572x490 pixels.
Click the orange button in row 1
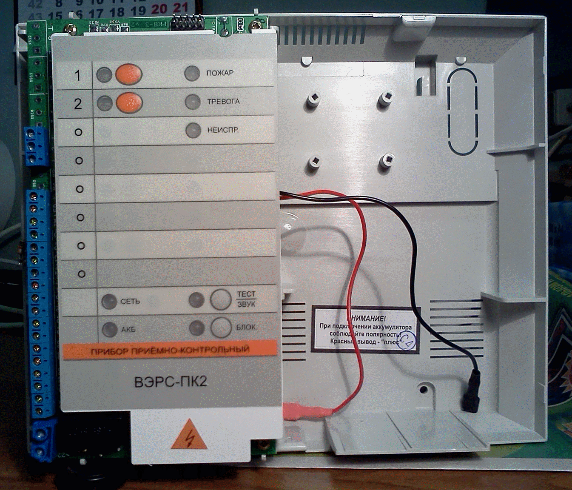128,74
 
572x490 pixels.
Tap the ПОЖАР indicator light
192,73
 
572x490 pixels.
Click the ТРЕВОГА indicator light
193,102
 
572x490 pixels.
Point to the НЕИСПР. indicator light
193,130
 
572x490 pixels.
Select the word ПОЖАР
220,73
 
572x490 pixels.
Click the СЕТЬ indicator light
109,302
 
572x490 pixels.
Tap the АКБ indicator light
110,329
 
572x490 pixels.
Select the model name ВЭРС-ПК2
171,382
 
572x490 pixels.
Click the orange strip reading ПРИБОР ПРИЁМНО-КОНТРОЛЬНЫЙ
170,350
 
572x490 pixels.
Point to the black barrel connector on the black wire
472,391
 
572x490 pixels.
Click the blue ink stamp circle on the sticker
406,341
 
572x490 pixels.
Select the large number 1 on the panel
77,76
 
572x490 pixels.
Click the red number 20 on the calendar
159,9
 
